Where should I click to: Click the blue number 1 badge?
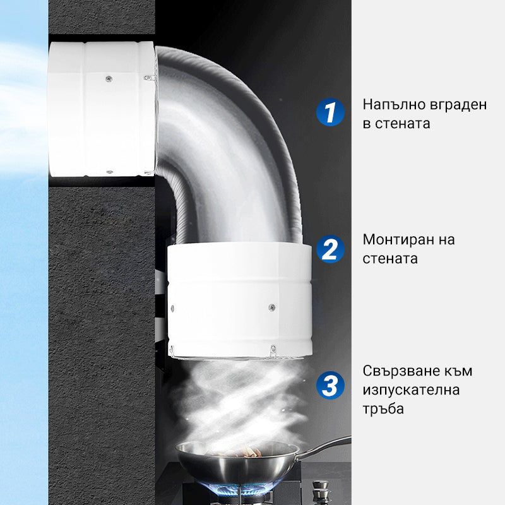coord(330,112)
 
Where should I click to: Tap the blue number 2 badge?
coord(330,249)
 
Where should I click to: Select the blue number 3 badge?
coord(330,385)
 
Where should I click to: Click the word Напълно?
coord(391,105)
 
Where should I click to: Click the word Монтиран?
coord(397,241)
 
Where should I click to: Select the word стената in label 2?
coord(390,259)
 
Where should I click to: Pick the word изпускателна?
coord(412,391)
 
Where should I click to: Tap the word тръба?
coord(383,409)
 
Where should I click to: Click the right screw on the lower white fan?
coord(272,307)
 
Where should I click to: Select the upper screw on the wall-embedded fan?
coord(109,78)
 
